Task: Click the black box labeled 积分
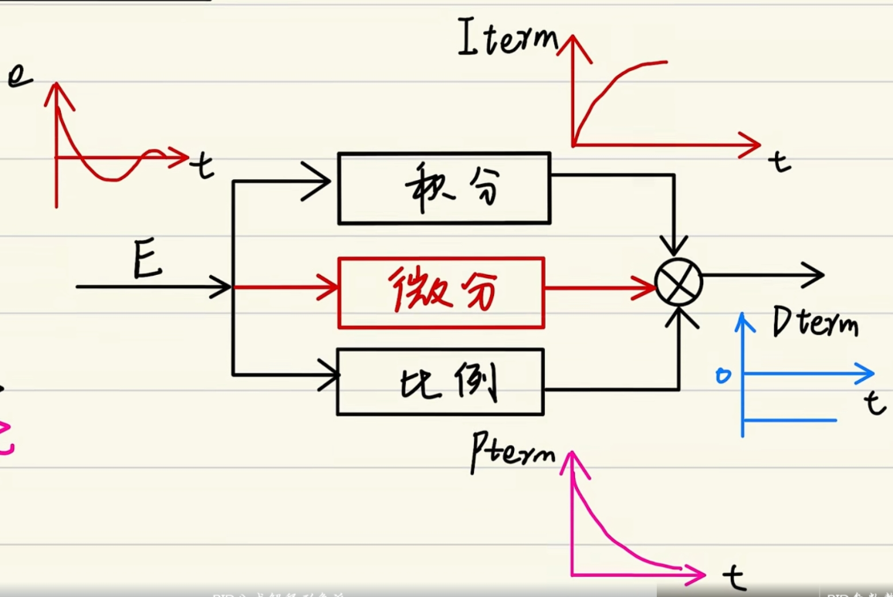pos(444,188)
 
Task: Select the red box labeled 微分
pos(441,293)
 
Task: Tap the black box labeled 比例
pos(440,382)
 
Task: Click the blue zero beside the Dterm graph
pos(723,376)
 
